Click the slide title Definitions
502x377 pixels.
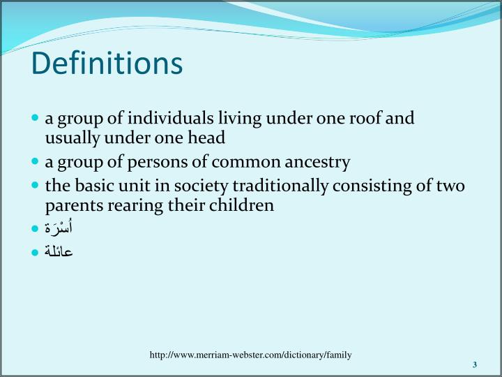click(107, 63)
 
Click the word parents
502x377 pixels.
click(70, 206)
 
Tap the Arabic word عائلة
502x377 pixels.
click(59, 251)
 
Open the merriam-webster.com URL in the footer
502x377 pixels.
click(250, 355)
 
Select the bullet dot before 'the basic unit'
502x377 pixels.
click(36, 186)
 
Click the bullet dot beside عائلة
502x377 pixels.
click(36, 251)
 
